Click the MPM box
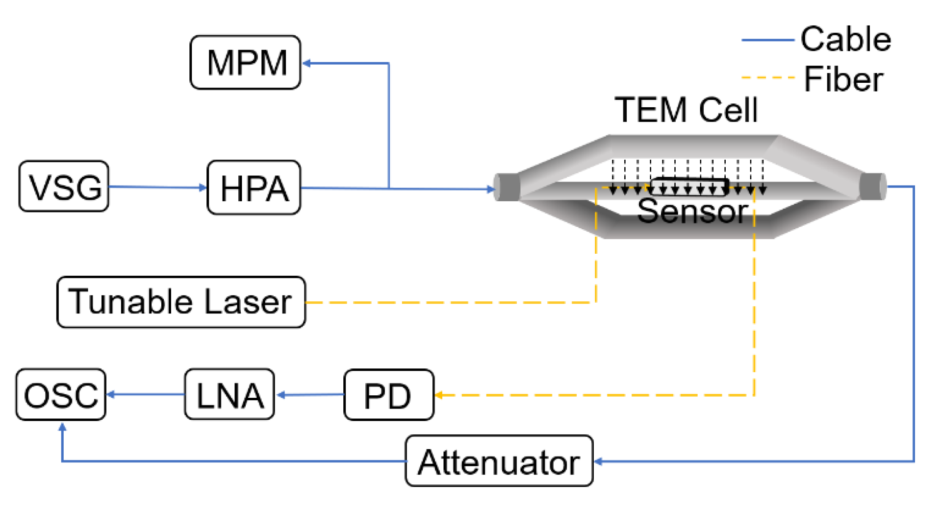[x=245, y=62]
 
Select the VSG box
[x=64, y=186]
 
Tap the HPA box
[x=254, y=188]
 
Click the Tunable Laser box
[x=181, y=302]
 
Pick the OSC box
[x=61, y=394]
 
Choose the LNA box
[x=229, y=394]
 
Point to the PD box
[x=388, y=395]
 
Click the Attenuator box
[x=499, y=461]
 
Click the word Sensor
[x=692, y=212]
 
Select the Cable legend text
[x=845, y=39]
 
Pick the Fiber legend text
[x=843, y=79]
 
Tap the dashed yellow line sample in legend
[x=767, y=78]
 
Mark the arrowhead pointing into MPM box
[x=307, y=63]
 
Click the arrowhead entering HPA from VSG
[x=203, y=187]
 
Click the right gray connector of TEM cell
[x=873, y=187]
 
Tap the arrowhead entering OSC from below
[x=62, y=428]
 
